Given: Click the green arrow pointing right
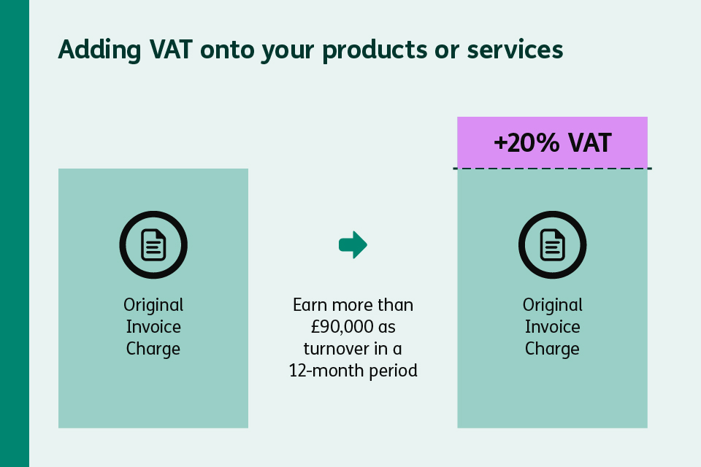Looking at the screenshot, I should pyautogui.click(x=353, y=244).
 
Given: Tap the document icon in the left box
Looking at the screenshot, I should pyautogui.click(x=153, y=245).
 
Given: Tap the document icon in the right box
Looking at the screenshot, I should pyautogui.click(x=552, y=245).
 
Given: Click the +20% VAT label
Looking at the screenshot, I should pyautogui.click(x=552, y=142).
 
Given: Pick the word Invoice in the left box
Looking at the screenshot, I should pyautogui.click(x=153, y=326).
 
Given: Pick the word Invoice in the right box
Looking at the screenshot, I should pyautogui.click(x=552, y=326).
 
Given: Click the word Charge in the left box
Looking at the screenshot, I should pyautogui.click(x=153, y=349).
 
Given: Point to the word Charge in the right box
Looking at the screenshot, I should pyautogui.click(x=552, y=349).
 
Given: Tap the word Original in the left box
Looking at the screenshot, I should pyautogui.click(x=153, y=304).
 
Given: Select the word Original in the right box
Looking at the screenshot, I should pyautogui.click(x=552, y=304).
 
